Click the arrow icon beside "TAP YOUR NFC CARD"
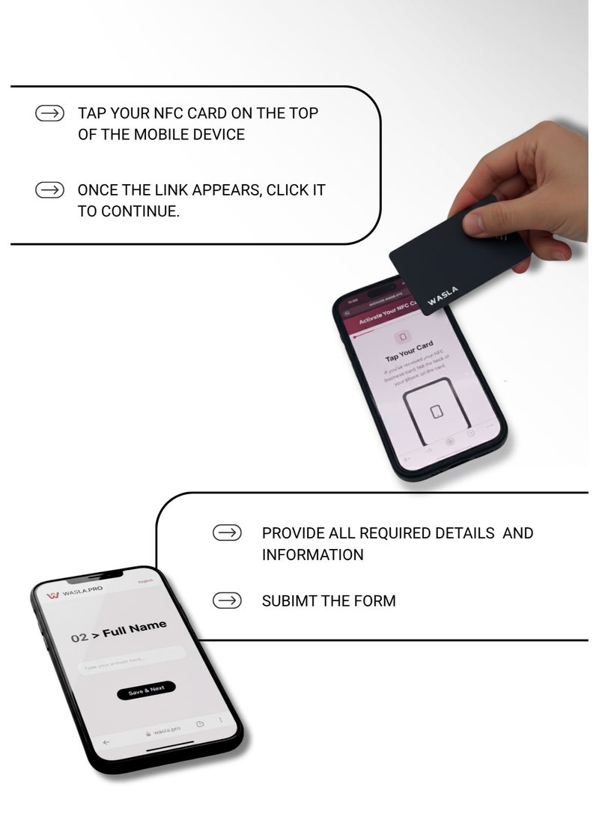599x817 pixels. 50,114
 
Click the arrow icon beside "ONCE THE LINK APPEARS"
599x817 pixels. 50,190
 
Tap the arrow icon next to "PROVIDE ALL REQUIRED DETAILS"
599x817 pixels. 227,533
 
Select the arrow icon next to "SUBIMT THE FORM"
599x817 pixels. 227,601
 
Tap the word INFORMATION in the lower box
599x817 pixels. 312,555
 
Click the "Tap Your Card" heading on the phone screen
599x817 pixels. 409,351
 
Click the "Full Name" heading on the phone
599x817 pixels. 135,629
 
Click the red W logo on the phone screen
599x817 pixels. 53,595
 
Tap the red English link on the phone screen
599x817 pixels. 145,581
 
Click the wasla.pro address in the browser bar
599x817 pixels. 165,730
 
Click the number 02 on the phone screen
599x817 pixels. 79,639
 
